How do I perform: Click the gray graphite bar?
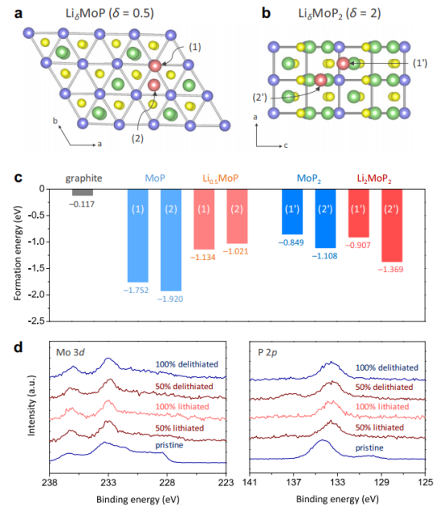point(82,192)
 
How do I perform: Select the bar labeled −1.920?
point(171,240)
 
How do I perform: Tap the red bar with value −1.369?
point(392,225)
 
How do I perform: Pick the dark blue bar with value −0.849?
point(293,212)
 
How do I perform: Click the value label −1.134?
point(203,258)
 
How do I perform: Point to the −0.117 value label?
point(82,204)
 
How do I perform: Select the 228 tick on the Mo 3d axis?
point(167,482)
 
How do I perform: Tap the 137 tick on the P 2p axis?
point(293,482)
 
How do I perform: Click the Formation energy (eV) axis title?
point(18,253)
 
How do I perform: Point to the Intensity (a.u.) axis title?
point(31,405)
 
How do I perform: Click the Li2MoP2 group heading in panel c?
point(374,178)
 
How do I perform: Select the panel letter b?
point(266,14)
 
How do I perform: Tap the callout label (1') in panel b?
point(420,63)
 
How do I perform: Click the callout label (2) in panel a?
point(137,138)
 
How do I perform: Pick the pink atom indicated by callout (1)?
point(155,65)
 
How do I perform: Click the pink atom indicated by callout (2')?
point(321,80)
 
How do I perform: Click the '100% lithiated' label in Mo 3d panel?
point(182,406)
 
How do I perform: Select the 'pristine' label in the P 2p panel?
point(369,447)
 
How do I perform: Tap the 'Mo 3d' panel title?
point(70,352)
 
